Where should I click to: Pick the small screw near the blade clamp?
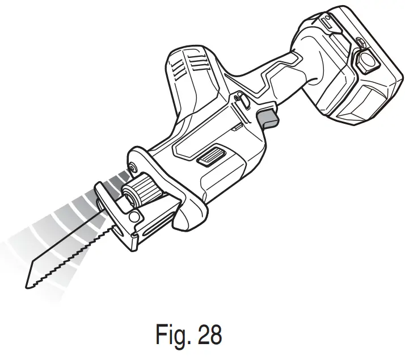pyautogui.click(x=133, y=167)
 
